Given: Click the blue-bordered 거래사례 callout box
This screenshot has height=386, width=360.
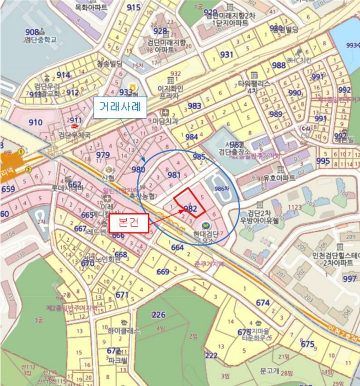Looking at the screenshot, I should (120, 107).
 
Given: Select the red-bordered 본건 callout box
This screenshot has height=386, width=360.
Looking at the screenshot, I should (128, 224).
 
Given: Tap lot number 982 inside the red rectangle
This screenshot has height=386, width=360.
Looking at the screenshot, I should (190, 208).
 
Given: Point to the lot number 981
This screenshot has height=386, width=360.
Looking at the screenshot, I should (174, 175).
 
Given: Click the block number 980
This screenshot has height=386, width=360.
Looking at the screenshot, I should (138, 170).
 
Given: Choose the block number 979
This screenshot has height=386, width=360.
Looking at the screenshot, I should (103, 155).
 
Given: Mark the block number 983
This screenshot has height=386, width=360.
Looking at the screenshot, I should (194, 106).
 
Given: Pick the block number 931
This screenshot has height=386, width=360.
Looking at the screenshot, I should (227, 55).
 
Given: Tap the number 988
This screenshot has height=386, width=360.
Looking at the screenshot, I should (279, 65).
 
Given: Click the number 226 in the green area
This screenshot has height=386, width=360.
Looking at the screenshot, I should (158, 315).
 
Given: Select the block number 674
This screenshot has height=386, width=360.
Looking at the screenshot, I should (263, 303).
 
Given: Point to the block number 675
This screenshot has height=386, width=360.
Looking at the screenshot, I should (307, 344).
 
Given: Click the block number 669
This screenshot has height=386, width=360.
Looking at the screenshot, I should (163, 272).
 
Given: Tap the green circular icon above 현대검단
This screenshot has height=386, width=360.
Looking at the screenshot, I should (206, 225).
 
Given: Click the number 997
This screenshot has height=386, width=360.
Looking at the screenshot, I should (349, 279).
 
